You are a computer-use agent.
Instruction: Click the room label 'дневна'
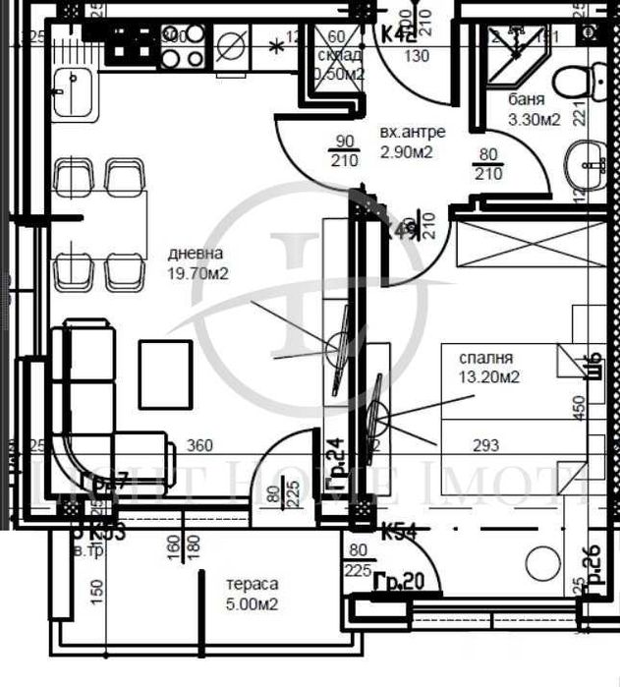click(195, 253)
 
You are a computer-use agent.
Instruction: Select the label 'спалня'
click(478, 358)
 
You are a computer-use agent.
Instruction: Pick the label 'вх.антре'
click(412, 132)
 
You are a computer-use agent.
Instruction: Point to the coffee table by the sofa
click(164, 372)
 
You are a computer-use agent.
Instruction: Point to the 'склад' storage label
click(339, 55)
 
